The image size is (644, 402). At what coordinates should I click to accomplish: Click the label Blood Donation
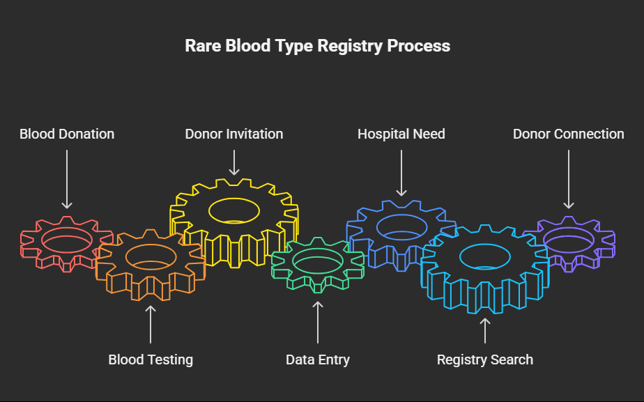click(x=67, y=134)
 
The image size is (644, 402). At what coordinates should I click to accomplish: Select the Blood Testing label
click(x=151, y=360)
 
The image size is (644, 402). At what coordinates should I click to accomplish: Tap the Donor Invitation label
click(x=234, y=134)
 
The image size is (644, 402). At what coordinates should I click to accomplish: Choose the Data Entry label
click(x=318, y=360)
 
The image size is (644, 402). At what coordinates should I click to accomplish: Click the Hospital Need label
click(x=401, y=134)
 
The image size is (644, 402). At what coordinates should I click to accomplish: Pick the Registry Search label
click(x=485, y=360)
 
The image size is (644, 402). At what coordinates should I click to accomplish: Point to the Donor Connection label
click(x=569, y=134)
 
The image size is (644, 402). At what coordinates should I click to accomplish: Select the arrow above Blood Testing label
click(x=151, y=324)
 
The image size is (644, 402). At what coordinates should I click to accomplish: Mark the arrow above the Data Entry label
click(x=318, y=322)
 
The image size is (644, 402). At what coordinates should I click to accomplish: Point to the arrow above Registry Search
click(x=485, y=331)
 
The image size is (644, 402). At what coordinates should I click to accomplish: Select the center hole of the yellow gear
click(x=234, y=209)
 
